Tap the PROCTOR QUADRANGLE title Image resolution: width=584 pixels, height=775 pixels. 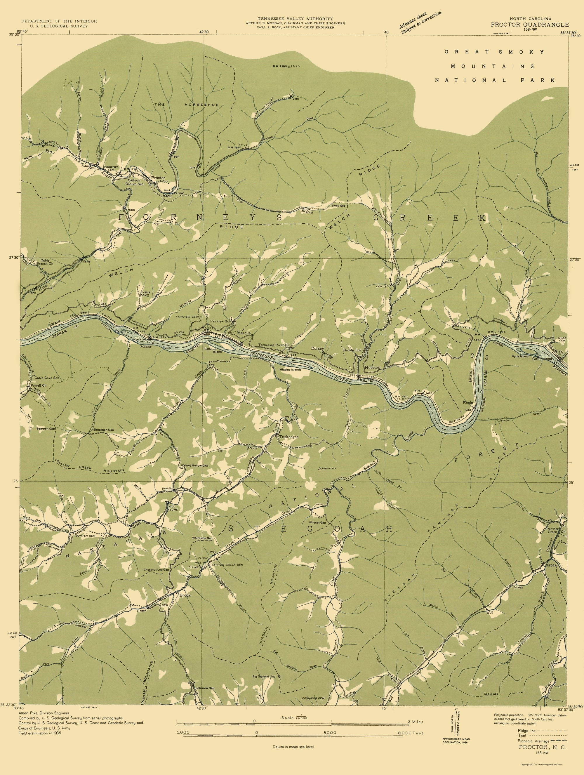pos(529,25)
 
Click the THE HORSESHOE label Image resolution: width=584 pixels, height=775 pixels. pos(186,105)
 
